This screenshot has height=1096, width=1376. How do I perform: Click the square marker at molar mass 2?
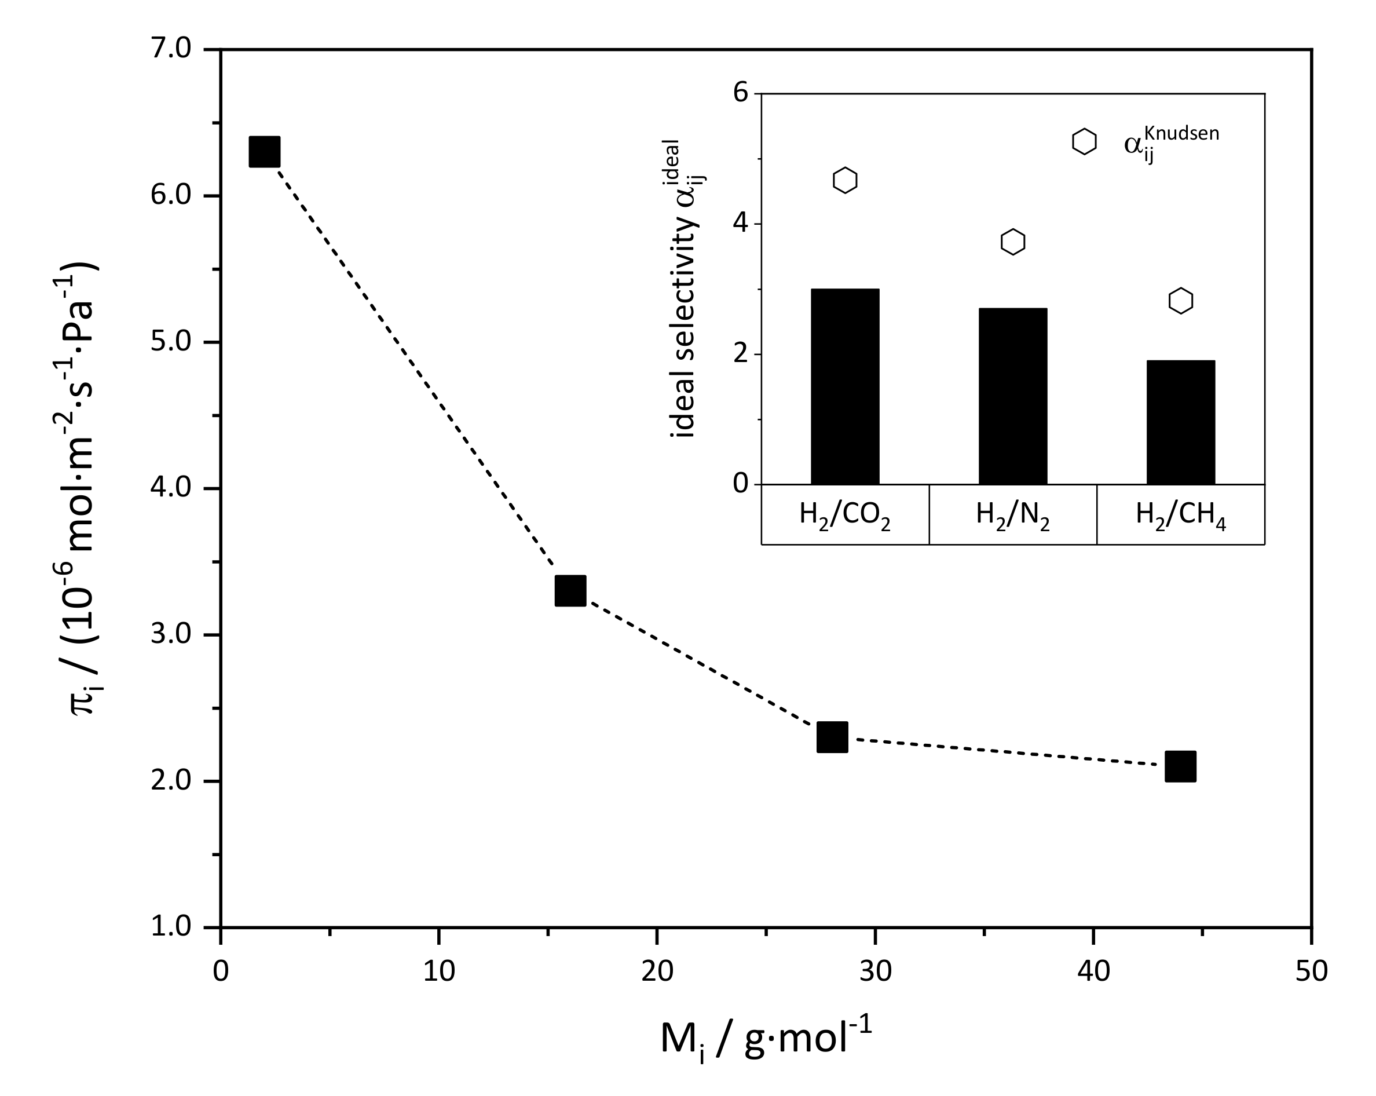pos(264,151)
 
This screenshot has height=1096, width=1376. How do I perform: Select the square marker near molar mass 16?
pos(570,590)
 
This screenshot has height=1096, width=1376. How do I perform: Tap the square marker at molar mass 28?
pos(832,737)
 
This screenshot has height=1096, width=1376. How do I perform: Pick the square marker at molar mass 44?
pos(1181,766)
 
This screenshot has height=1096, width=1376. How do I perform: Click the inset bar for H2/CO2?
pos(845,387)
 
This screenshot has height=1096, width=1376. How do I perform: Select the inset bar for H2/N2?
pos(1013,396)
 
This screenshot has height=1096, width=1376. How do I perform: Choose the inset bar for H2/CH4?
pos(1181,422)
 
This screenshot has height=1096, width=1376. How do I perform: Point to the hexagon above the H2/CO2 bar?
pos(845,181)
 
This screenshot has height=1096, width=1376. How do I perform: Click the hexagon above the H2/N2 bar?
pos(1013,242)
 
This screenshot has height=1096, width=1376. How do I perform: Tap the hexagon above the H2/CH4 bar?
pos(1181,301)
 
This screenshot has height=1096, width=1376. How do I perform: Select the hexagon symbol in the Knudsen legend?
pos(1084,142)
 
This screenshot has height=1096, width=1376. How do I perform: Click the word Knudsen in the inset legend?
pos(1181,133)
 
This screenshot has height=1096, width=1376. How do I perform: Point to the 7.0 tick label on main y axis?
pos(171,49)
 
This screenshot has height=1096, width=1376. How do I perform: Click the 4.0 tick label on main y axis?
pos(171,488)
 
